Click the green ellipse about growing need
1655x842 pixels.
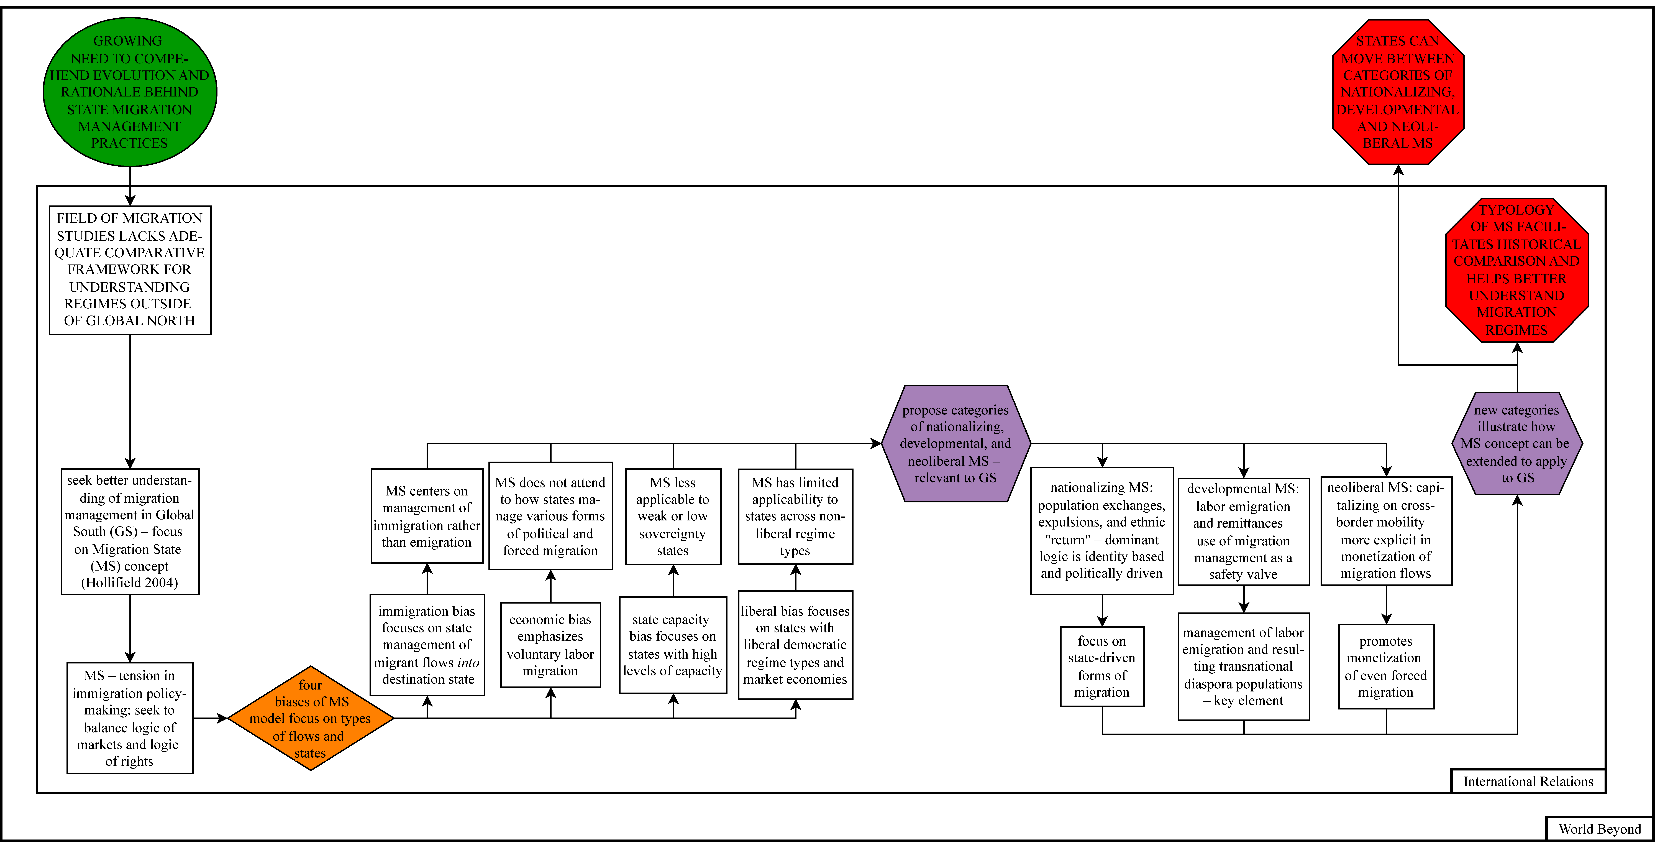coord(130,92)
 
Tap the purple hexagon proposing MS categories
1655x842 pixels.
coord(955,444)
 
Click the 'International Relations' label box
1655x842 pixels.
coord(1528,781)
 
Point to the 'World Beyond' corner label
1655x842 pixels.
coord(1599,828)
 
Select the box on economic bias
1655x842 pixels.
coord(551,645)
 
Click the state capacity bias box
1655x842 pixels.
coord(673,645)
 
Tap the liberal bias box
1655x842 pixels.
coord(795,645)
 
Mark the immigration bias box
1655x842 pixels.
coord(427,645)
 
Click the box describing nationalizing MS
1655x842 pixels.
coord(1102,530)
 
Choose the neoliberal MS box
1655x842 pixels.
coord(1386,530)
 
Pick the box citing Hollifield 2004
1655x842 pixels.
coord(130,531)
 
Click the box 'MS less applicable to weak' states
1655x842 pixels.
coord(673,516)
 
